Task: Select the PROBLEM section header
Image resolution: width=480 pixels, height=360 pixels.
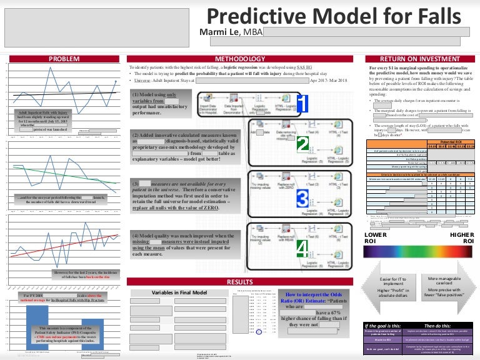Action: tap(63, 58)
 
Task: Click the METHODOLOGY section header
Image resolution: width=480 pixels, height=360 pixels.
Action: tap(236, 58)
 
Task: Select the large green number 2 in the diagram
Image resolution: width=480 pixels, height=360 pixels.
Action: tap(302, 146)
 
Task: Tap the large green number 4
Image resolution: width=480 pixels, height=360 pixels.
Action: tap(301, 249)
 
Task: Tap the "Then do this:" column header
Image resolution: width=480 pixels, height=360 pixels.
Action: tap(439, 326)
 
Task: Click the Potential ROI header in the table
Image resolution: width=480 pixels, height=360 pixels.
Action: tap(452, 142)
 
